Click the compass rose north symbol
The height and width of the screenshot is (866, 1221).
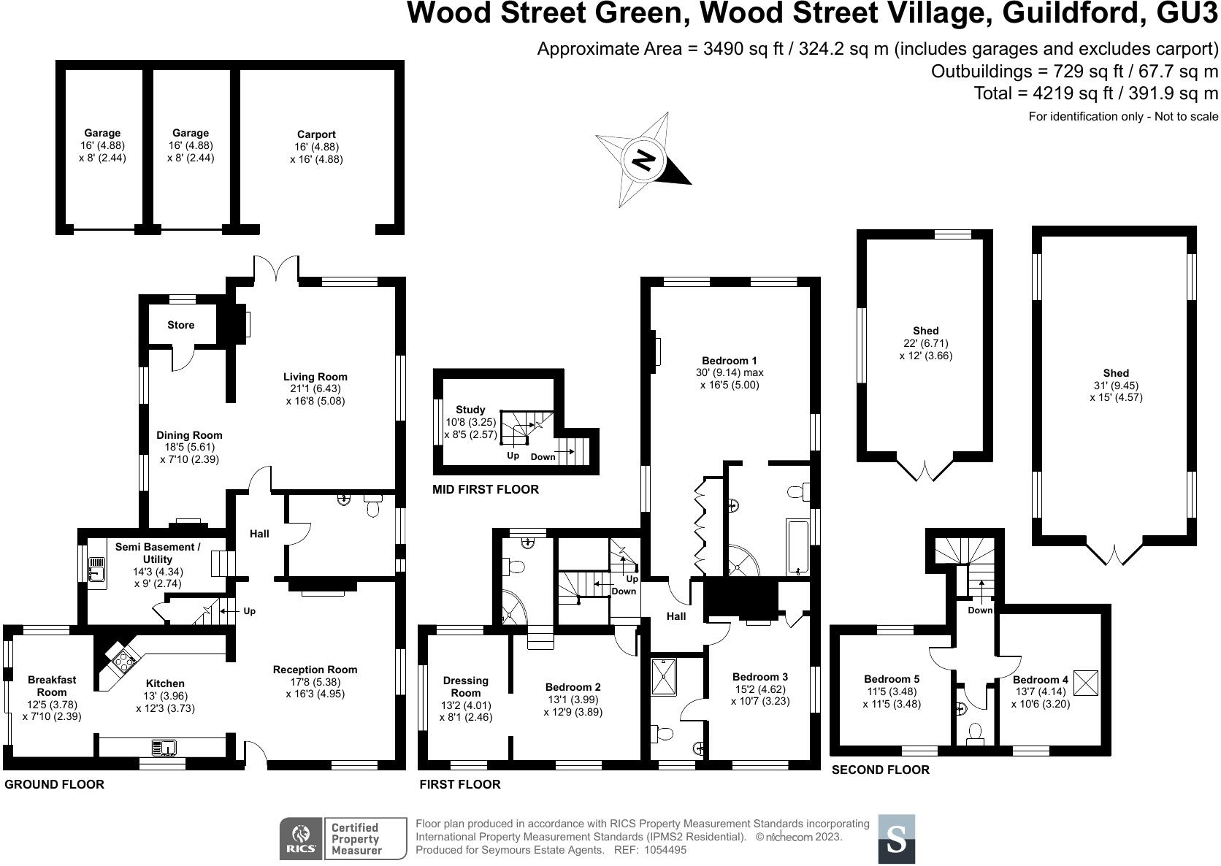click(x=643, y=160)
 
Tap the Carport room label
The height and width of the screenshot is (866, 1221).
click(x=316, y=134)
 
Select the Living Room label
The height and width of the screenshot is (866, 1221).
click(x=315, y=377)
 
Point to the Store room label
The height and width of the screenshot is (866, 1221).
click(x=181, y=325)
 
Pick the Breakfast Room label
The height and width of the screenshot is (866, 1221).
click(x=52, y=686)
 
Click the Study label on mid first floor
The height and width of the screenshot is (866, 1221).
click(x=470, y=410)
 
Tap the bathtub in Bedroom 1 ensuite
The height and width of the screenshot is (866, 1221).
click(x=798, y=547)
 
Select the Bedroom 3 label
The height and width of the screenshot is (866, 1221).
click(x=760, y=677)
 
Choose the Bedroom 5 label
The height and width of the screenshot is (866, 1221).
click(x=892, y=679)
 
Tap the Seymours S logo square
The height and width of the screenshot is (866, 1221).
click(x=896, y=839)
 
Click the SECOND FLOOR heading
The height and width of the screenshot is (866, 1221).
click(x=881, y=770)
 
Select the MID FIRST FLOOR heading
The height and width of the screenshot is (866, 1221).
click(x=486, y=489)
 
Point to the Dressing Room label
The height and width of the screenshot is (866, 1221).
click(x=466, y=686)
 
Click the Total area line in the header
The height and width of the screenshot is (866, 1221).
click(x=1095, y=93)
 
